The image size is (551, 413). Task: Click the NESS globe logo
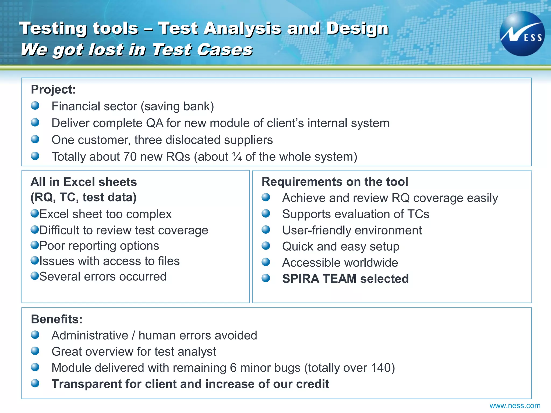tap(522, 34)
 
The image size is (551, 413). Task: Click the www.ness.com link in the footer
tap(515, 405)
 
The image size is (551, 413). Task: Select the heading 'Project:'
tap(53, 90)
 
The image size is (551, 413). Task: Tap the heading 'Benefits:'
tap(57, 319)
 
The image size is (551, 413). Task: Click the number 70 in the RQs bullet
tap(130, 157)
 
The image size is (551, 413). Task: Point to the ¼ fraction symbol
tap(237, 157)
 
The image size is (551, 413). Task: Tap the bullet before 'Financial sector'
tap(35, 106)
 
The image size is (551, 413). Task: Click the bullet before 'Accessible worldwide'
tap(266, 262)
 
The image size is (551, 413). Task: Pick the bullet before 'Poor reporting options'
tap(35, 245)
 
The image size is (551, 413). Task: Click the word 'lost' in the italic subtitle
tap(106, 50)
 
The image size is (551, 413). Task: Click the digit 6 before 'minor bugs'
tap(233, 368)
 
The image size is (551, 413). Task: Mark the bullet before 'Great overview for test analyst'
tap(35, 351)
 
